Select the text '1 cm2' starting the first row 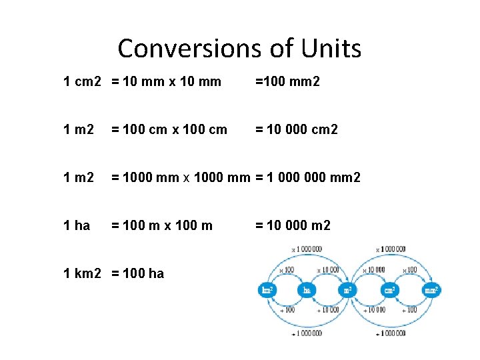click(82, 81)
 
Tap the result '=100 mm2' click(287, 81)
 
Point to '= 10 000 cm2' click(296, 129)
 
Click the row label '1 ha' click(76, 225)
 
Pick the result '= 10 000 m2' click(293, 225)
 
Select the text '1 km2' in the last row click(82, 273)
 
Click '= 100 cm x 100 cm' click(169, 129)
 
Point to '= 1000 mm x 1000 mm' click(180, 177)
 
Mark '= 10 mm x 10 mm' click(166, 81)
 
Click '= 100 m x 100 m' click(162, 225)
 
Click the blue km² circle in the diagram click(267, 290)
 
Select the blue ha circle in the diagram click(307, 290)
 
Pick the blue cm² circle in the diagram click(389, 290)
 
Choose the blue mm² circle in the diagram click(431, 290)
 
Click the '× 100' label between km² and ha click(286, 269)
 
